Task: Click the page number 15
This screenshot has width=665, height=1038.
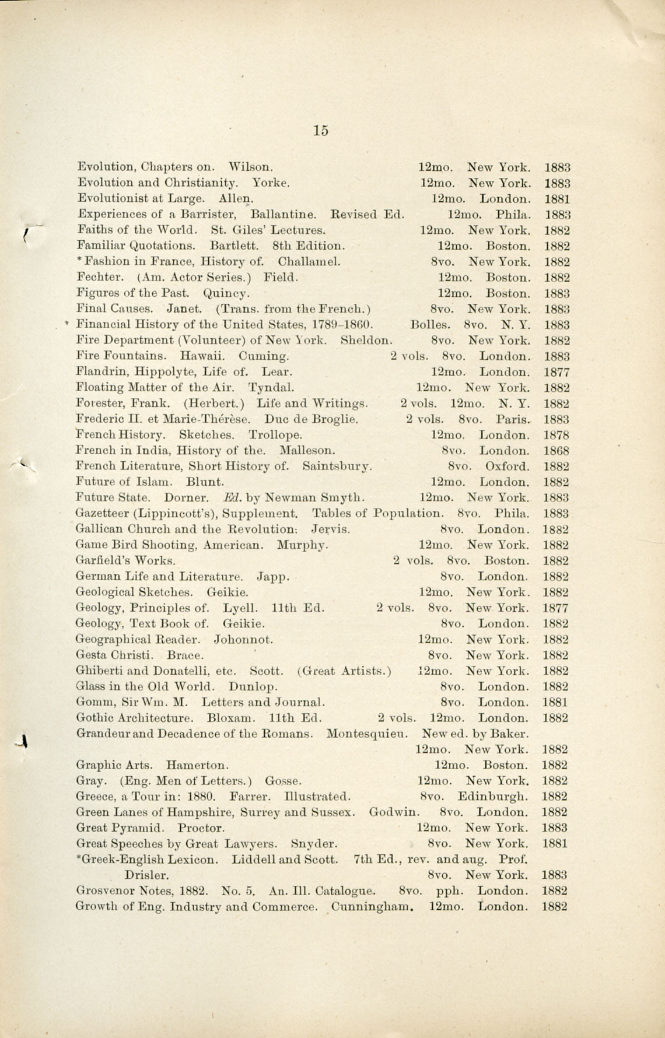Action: click(321, 131)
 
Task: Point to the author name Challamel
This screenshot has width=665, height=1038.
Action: click(309, 262)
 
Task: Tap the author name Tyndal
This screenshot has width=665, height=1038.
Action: click(271, 387)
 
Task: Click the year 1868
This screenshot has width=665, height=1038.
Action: click(556, 451)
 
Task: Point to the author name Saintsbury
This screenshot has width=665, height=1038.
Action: click(337, 467)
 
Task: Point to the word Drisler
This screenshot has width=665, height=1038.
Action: click(146, 875)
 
